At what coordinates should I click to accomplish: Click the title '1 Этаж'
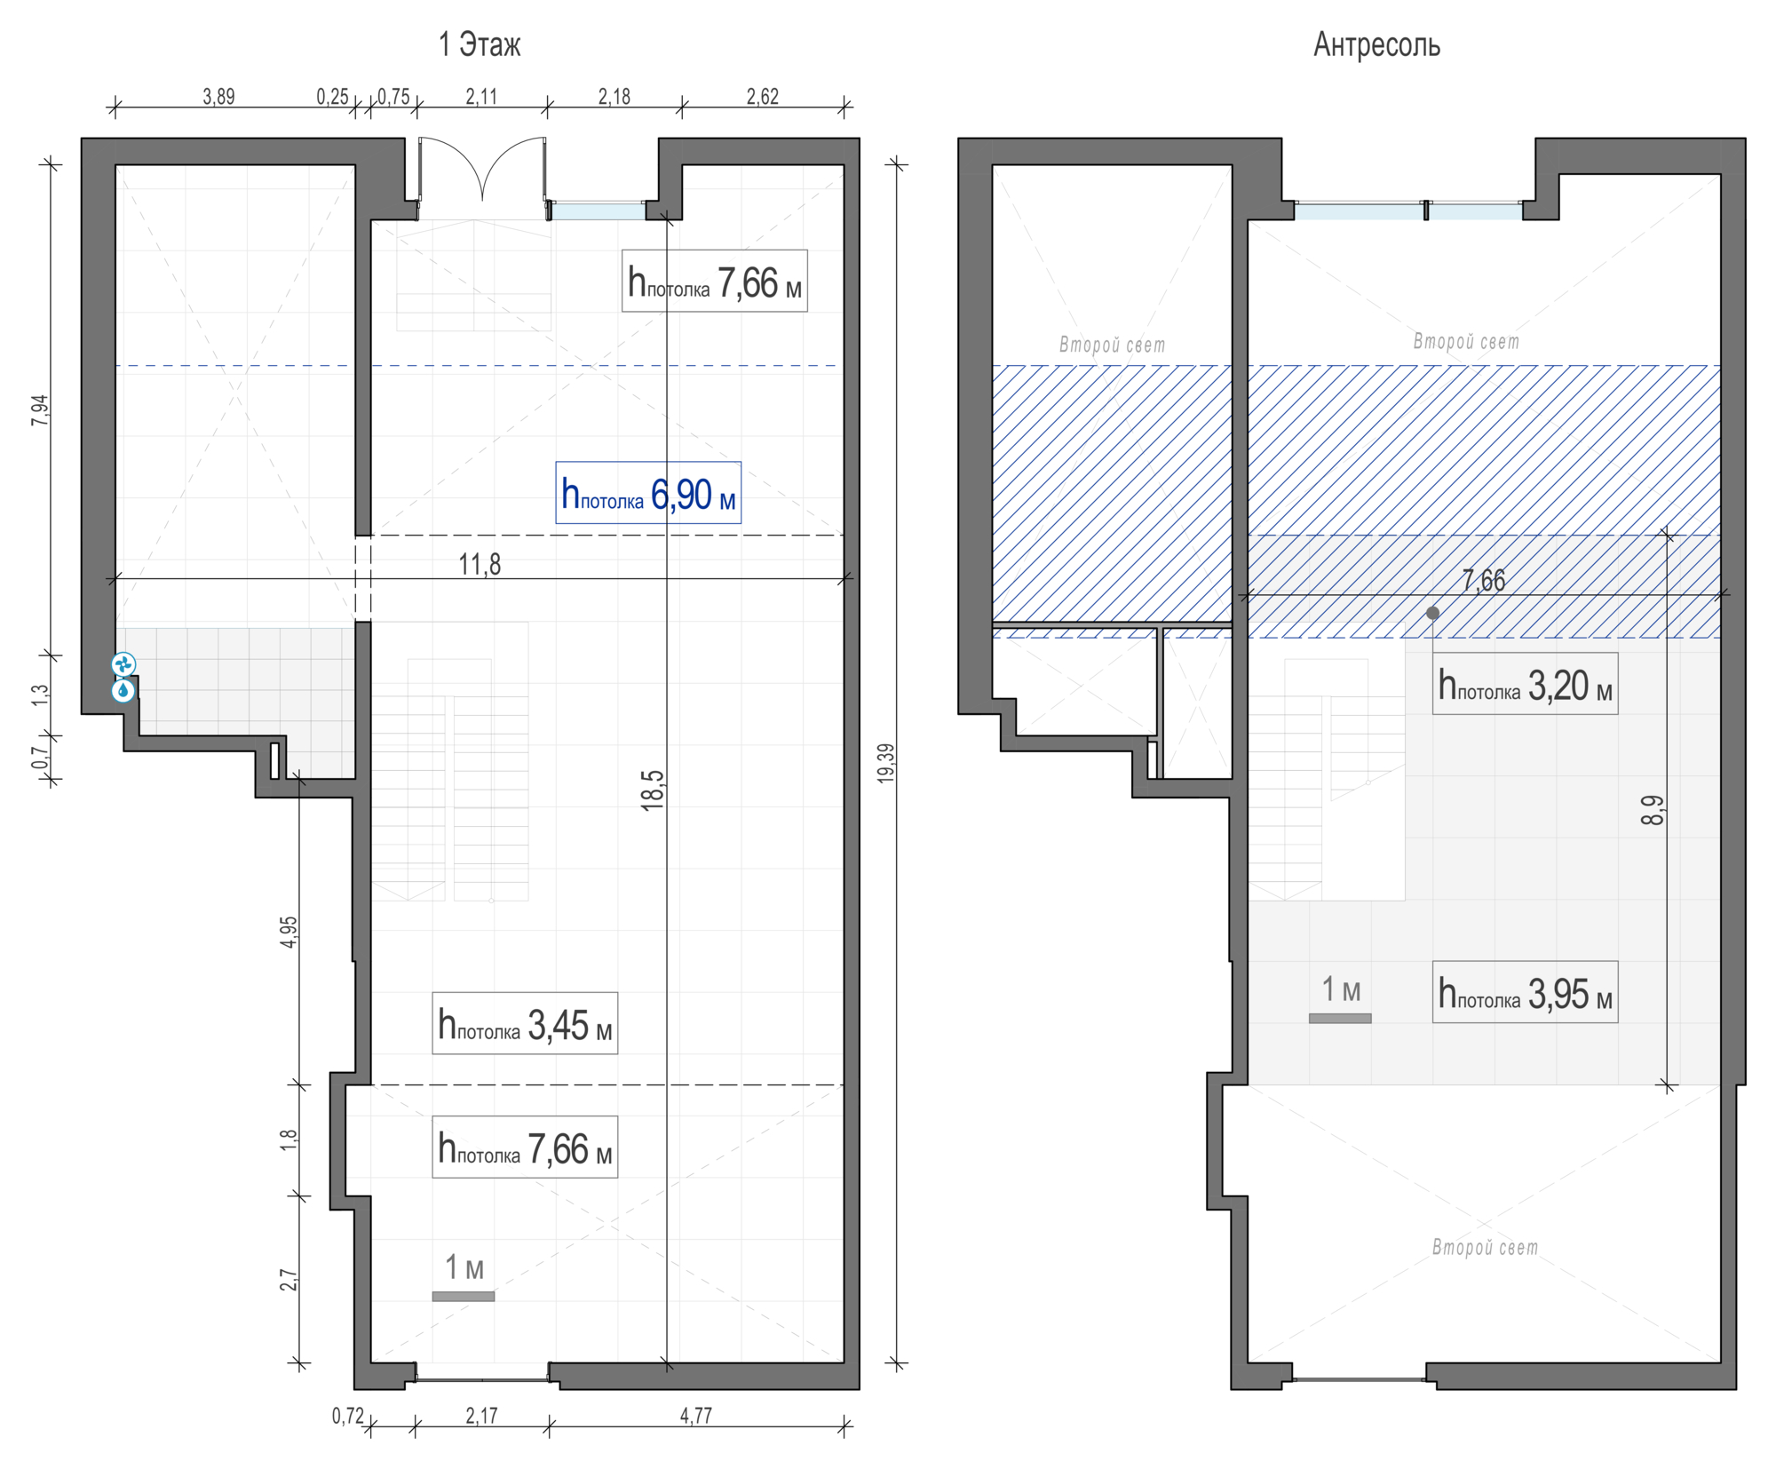479,44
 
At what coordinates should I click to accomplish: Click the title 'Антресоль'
1376,44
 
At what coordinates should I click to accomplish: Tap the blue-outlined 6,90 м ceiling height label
647,493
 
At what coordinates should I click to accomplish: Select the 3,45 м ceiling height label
524,1023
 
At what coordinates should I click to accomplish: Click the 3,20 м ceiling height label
1524,684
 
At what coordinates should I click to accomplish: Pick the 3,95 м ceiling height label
1524,992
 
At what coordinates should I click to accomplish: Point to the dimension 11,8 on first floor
480,564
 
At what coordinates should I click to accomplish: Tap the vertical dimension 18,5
653,790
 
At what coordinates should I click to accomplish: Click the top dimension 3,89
218,96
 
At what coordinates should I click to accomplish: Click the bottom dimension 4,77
695,1416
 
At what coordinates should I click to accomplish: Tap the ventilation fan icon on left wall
123,663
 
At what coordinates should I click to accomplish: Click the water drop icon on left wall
123,690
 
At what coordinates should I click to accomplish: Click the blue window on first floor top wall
598,211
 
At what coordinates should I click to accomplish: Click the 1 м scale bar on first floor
463,1296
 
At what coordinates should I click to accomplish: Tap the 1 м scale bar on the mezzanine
1339,1018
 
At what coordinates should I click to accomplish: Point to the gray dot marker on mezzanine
1432,613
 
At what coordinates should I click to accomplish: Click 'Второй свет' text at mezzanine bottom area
1484,1247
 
